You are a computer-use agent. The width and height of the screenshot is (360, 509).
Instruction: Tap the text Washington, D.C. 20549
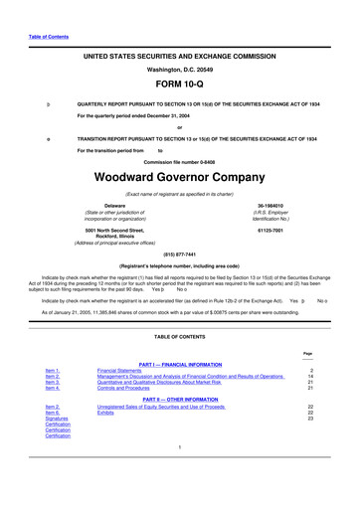(179, 70)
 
